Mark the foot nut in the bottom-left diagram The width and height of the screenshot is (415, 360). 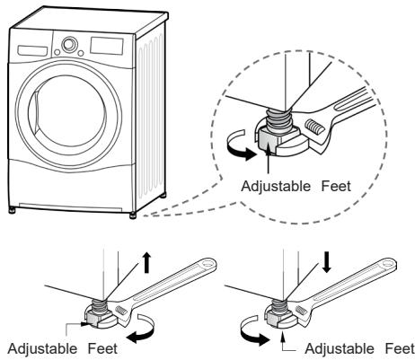98,314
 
